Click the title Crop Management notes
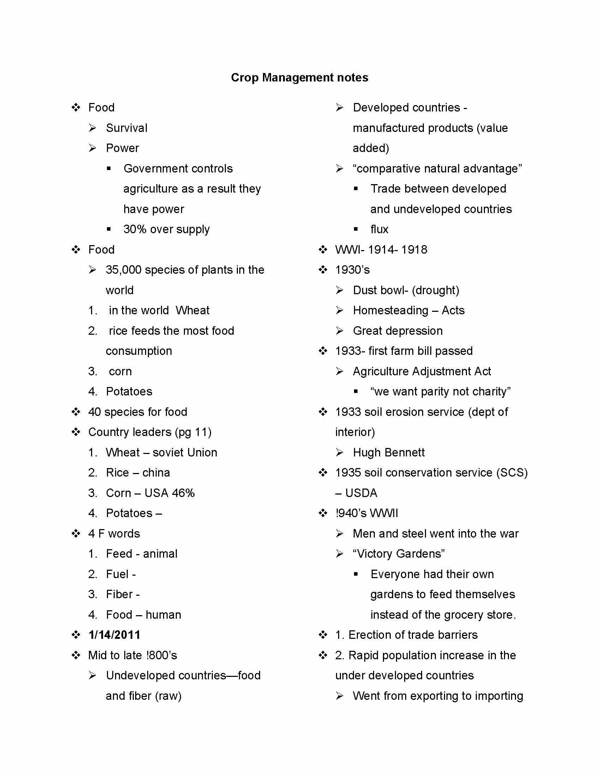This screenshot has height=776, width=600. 299,78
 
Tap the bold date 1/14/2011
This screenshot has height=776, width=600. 114,635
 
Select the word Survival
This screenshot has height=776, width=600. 127,128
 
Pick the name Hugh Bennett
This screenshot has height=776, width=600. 389,452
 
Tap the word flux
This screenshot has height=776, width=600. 379,229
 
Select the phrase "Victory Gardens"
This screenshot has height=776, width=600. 398,553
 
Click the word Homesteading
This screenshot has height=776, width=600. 390,310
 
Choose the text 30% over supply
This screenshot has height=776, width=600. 166,229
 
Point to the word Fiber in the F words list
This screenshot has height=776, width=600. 119,594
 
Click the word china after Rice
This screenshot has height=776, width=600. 156,473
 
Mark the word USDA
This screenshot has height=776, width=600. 361,493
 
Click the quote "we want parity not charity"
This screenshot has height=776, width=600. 440,392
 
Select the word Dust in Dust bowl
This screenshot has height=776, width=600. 365,290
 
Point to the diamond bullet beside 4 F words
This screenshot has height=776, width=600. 76,533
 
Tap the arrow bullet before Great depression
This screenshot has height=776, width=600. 340,331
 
